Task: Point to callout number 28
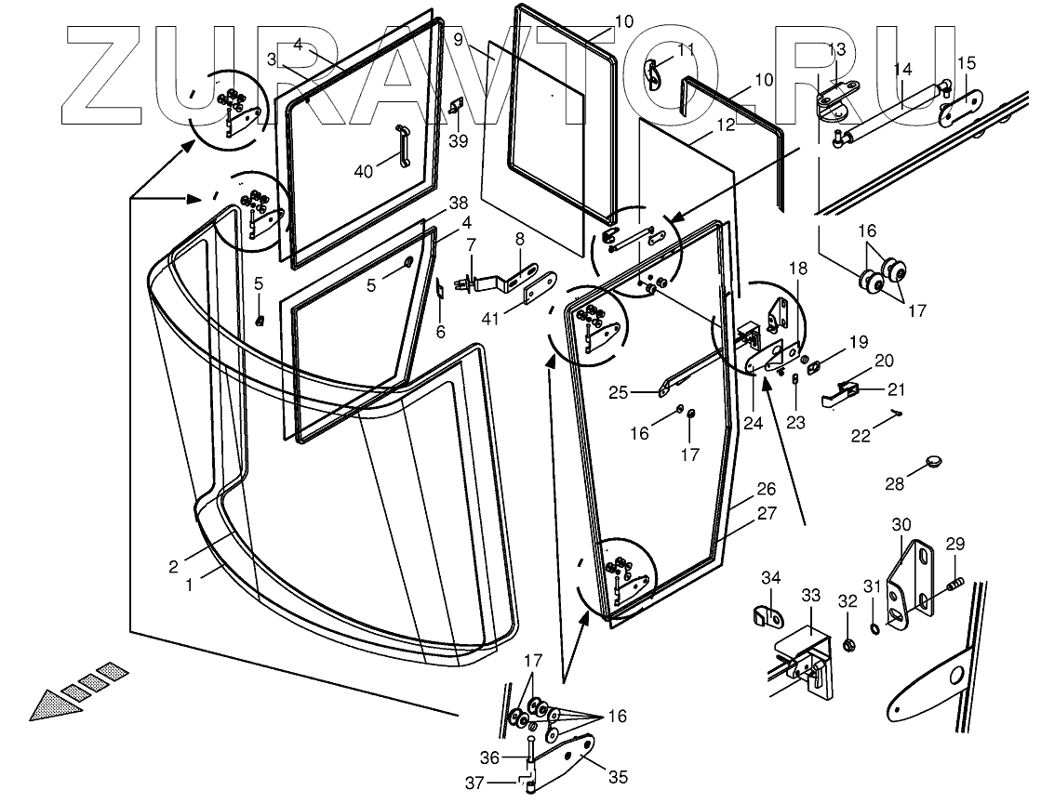(x=894, y=483)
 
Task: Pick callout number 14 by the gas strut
(x=901, y=70)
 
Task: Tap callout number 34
(x=771, y=579)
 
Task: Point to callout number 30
(x=901, y=523)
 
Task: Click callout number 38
(x=458, y=203)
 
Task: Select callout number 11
(x=686, y=48)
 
